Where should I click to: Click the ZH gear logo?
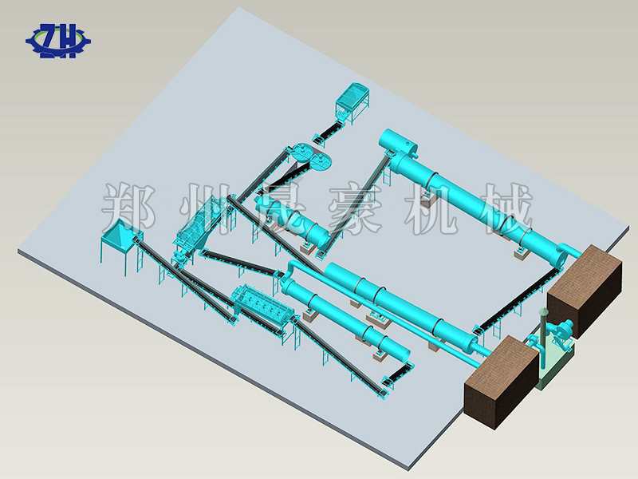click(x=58, y=41)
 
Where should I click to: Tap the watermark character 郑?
click(x=128, y=208)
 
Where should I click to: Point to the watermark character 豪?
click(x=354, y=208)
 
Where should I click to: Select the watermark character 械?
click(x=506, y=208)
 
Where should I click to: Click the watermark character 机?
click(x=430, y=208)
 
